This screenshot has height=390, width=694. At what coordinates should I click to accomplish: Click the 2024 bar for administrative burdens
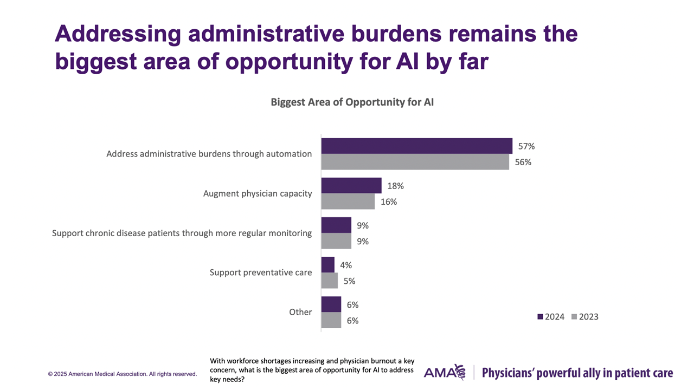tap(416, 146)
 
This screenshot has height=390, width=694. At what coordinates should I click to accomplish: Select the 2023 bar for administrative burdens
tap(415, 162)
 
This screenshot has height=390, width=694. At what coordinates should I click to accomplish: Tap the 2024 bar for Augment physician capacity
tap(351, 186)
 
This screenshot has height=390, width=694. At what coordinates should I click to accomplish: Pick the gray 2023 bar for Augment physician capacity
tap(348, 201)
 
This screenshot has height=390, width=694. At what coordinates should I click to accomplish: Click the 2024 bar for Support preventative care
tap(328, 265)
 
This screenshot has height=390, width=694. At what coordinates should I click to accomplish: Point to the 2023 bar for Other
tap(331, 320)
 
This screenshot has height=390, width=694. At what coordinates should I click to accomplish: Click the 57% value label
tap(526, 146)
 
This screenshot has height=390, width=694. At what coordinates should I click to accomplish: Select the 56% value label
tap(523, 162)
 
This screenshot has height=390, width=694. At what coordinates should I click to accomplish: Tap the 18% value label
tap(395, 186)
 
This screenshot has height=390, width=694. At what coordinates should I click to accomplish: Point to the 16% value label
tap(388, 201)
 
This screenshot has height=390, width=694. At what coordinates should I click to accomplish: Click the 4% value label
tap(345, 265)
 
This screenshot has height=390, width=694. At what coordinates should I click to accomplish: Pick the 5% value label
tap(349, 281)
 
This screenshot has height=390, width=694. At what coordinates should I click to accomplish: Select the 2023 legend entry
tap(585, 316)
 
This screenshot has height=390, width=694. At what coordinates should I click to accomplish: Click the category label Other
tap(300, 312)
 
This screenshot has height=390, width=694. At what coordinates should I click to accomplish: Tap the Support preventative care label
tap(261, 272)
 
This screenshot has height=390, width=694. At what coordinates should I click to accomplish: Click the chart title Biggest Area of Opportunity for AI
tap(352, 102)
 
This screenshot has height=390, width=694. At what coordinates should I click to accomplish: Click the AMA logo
tap(445, 372)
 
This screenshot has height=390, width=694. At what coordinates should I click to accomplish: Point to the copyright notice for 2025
tap(123, 374)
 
